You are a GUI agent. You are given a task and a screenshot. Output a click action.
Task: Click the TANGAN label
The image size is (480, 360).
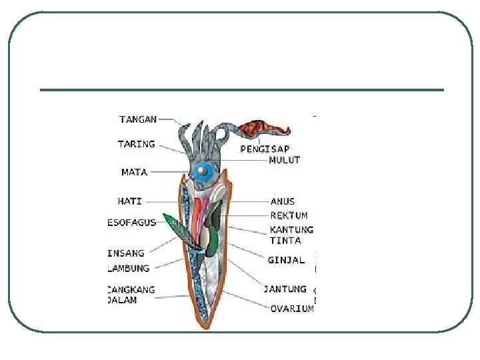[x=138, y=119]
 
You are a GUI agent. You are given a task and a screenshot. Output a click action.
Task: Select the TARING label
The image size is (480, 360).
[x=136, y=144]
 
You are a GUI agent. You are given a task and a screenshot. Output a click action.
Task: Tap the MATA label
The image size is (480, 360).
[x=134, y=172]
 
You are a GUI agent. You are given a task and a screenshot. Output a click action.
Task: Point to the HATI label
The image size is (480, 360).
[x=129, y=201]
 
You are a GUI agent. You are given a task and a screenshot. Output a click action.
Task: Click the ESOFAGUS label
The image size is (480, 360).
[x=131, y=222]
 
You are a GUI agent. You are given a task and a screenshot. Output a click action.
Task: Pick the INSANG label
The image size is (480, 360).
[x=127, y=253]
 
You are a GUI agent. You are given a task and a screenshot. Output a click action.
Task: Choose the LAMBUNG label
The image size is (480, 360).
[x=129, y=269]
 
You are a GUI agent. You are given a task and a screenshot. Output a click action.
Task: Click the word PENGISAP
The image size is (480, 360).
[x=265, y=149]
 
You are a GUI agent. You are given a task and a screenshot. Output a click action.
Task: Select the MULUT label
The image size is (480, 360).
[x=285, y=160]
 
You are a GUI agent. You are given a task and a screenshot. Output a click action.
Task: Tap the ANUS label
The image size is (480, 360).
[x=283, y=201]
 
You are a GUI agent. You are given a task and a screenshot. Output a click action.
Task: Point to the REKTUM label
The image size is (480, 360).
[x=289, y=216]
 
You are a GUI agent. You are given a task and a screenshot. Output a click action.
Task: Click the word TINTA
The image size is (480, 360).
[x=285, y=241]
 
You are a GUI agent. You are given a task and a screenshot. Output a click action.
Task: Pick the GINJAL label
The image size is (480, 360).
[x=286, y=260]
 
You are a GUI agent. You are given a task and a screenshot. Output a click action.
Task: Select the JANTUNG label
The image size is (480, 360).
[x=285, y=289]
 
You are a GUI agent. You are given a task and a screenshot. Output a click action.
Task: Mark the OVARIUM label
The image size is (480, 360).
[x=292, y=309]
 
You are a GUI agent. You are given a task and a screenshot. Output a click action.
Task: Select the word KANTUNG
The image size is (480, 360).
[x=291, y=230]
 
